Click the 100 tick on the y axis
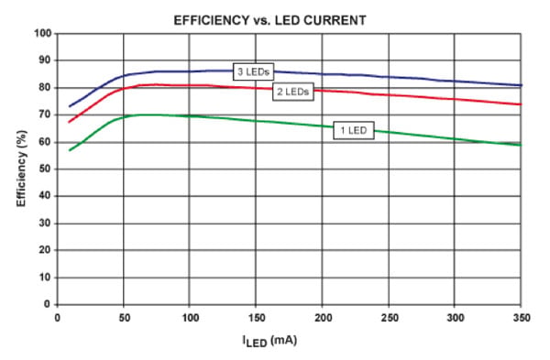(x=41, y=34)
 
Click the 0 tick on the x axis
(x=57, y=317)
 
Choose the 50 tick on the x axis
(x=123, y=317)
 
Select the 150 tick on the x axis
(x=256, y=317)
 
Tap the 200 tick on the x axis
(x=323, y=317)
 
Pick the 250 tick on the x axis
(x=389, y=317)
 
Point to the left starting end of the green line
(x=70, y=150)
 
